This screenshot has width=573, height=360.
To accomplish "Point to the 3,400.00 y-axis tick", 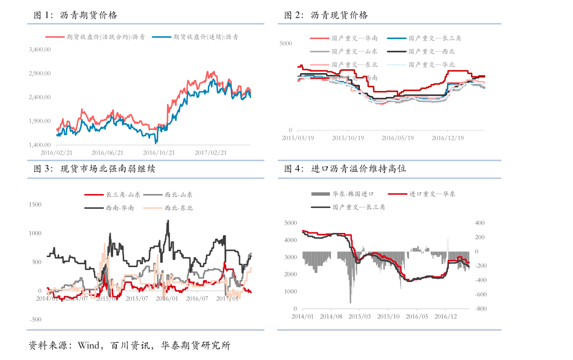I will (39, 50).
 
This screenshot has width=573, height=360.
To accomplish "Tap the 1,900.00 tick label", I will (39, 121).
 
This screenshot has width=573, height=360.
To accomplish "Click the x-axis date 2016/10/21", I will (159, 153).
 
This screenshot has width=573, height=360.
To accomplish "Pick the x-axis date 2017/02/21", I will (211, 153).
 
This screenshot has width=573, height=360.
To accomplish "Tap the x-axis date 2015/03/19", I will (298, 138).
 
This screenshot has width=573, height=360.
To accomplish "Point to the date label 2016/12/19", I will (447, 138).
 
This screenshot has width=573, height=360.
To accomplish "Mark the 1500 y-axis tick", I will (35, 205).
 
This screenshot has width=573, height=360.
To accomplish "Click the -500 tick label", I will (35, 320).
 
